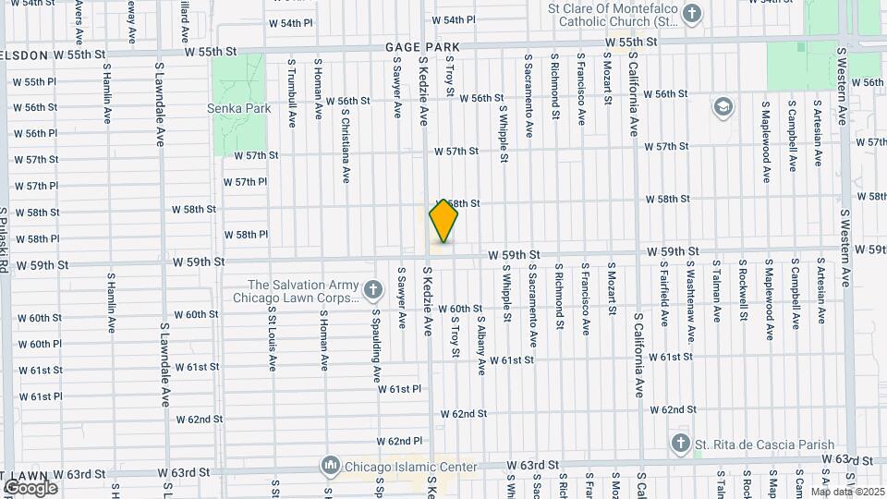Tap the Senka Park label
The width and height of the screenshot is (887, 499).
(245, 108)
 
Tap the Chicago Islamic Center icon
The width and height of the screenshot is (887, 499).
(330, 466)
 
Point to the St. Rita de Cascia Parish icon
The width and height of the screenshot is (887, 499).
(681, 444)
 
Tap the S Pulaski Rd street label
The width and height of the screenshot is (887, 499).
(5, 238)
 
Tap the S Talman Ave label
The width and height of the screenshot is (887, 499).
(716, 291)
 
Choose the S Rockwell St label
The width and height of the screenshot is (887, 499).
(742, 291)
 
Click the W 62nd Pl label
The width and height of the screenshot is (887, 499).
(399, 441)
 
